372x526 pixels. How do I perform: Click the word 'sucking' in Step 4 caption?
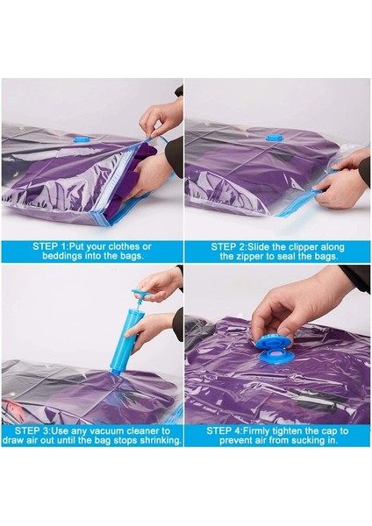pos(301,441)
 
